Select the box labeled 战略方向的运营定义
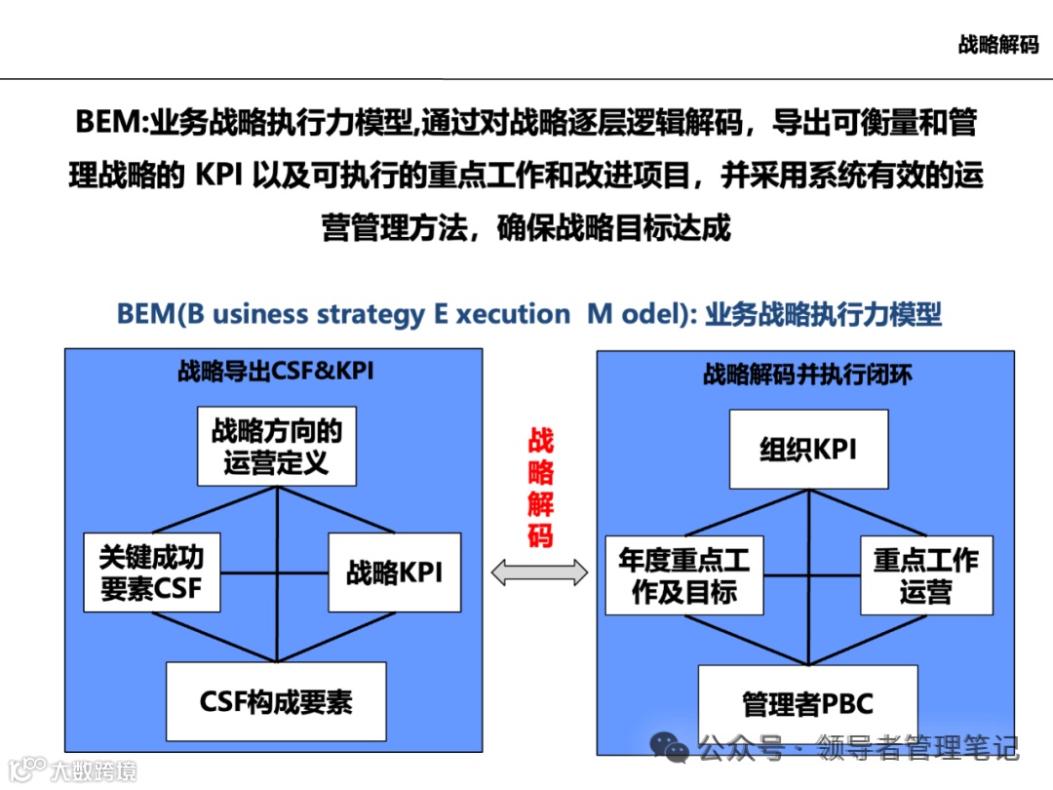point(276,446)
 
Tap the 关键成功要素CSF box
point(151,573)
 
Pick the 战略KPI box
point(394,573)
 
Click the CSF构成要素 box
point(276,701)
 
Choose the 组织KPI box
point(808,449)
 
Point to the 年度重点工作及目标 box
point(683,575)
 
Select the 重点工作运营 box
point(925,575)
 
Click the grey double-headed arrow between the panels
point(539,573)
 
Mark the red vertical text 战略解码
point(540,487)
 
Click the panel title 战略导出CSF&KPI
point(275,371)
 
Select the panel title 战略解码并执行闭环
point(807,375)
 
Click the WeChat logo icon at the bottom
point(671,748)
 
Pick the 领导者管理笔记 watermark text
point(917,749)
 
